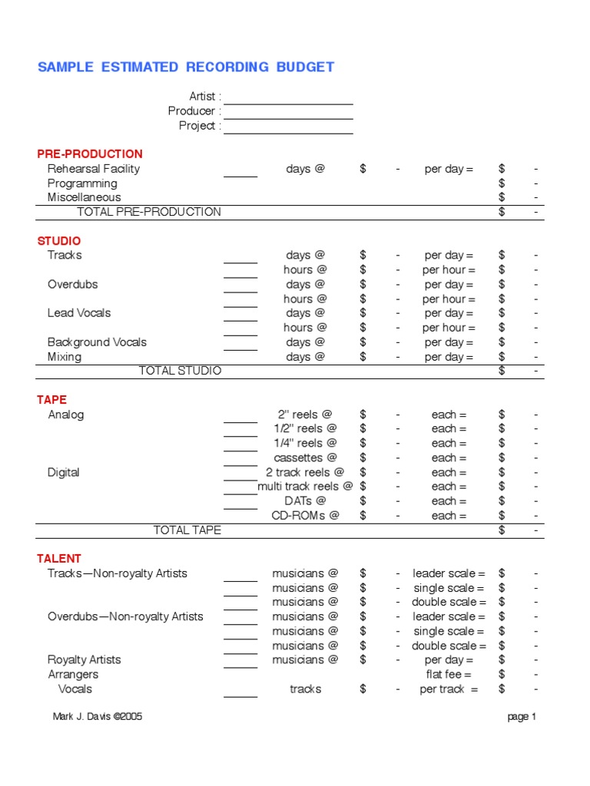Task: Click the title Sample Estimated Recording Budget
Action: click(x=186, y=67)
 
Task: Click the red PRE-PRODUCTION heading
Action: click(x=90, y=154)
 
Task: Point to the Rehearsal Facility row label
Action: click(x=94, y=169)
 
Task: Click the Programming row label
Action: click(x=82, y=183)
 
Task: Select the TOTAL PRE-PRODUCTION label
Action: click(x=149, y=212)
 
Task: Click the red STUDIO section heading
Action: click(x=59, y=241)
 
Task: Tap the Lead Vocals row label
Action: click(x=79, y=313)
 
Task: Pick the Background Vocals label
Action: click(x=97, y=342)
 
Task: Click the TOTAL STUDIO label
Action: click(x=180, y=372)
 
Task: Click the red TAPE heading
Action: click(x=52, y=400)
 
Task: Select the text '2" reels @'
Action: click(x=305, y=414)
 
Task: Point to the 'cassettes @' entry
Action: click(x=305, y=458)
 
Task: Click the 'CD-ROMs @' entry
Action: click(x=305, y=516)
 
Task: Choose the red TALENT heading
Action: click(x=59, y=559)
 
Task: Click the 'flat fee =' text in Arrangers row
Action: click(x=449, y=675)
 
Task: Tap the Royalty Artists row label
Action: click(x=85, y=660)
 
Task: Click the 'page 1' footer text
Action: click(x=522, y=717)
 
